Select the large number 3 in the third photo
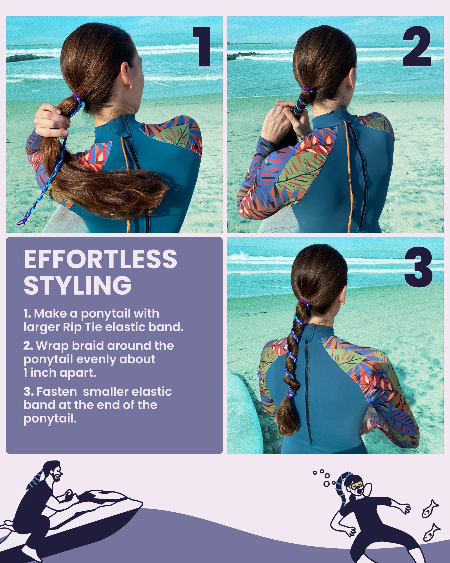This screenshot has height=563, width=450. point(418,268)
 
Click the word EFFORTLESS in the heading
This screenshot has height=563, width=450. point(100,259)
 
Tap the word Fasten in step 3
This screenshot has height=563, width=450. point(57,392)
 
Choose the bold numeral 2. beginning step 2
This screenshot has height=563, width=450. point(28,346)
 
